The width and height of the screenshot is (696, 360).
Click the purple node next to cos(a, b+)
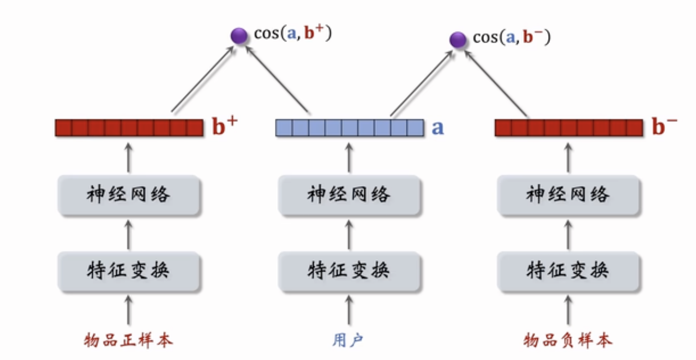point(239,37)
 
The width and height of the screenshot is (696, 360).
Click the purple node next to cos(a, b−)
point(458,39)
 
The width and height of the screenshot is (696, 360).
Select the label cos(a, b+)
point(293,34)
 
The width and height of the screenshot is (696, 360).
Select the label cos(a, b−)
point(512,37)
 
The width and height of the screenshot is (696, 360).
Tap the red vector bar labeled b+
point(129,128)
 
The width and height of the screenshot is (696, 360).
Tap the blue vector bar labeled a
point(350,128)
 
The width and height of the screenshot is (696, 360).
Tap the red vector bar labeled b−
point(569,128)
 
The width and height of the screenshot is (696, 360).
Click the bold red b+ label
point(225,127)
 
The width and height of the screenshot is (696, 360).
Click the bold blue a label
point(437,128)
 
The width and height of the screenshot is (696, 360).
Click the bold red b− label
point(664,127)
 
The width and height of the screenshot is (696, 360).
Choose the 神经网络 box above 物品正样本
point(129,195)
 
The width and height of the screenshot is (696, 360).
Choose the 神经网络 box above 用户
point(349,195)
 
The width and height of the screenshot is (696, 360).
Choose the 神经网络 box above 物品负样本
point(568,195)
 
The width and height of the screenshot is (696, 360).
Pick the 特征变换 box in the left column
point(129,271)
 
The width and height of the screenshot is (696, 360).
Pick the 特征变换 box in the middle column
point(349,271)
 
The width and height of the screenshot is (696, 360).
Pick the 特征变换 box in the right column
point(568,271)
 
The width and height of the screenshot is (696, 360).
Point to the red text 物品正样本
point(129,341)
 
